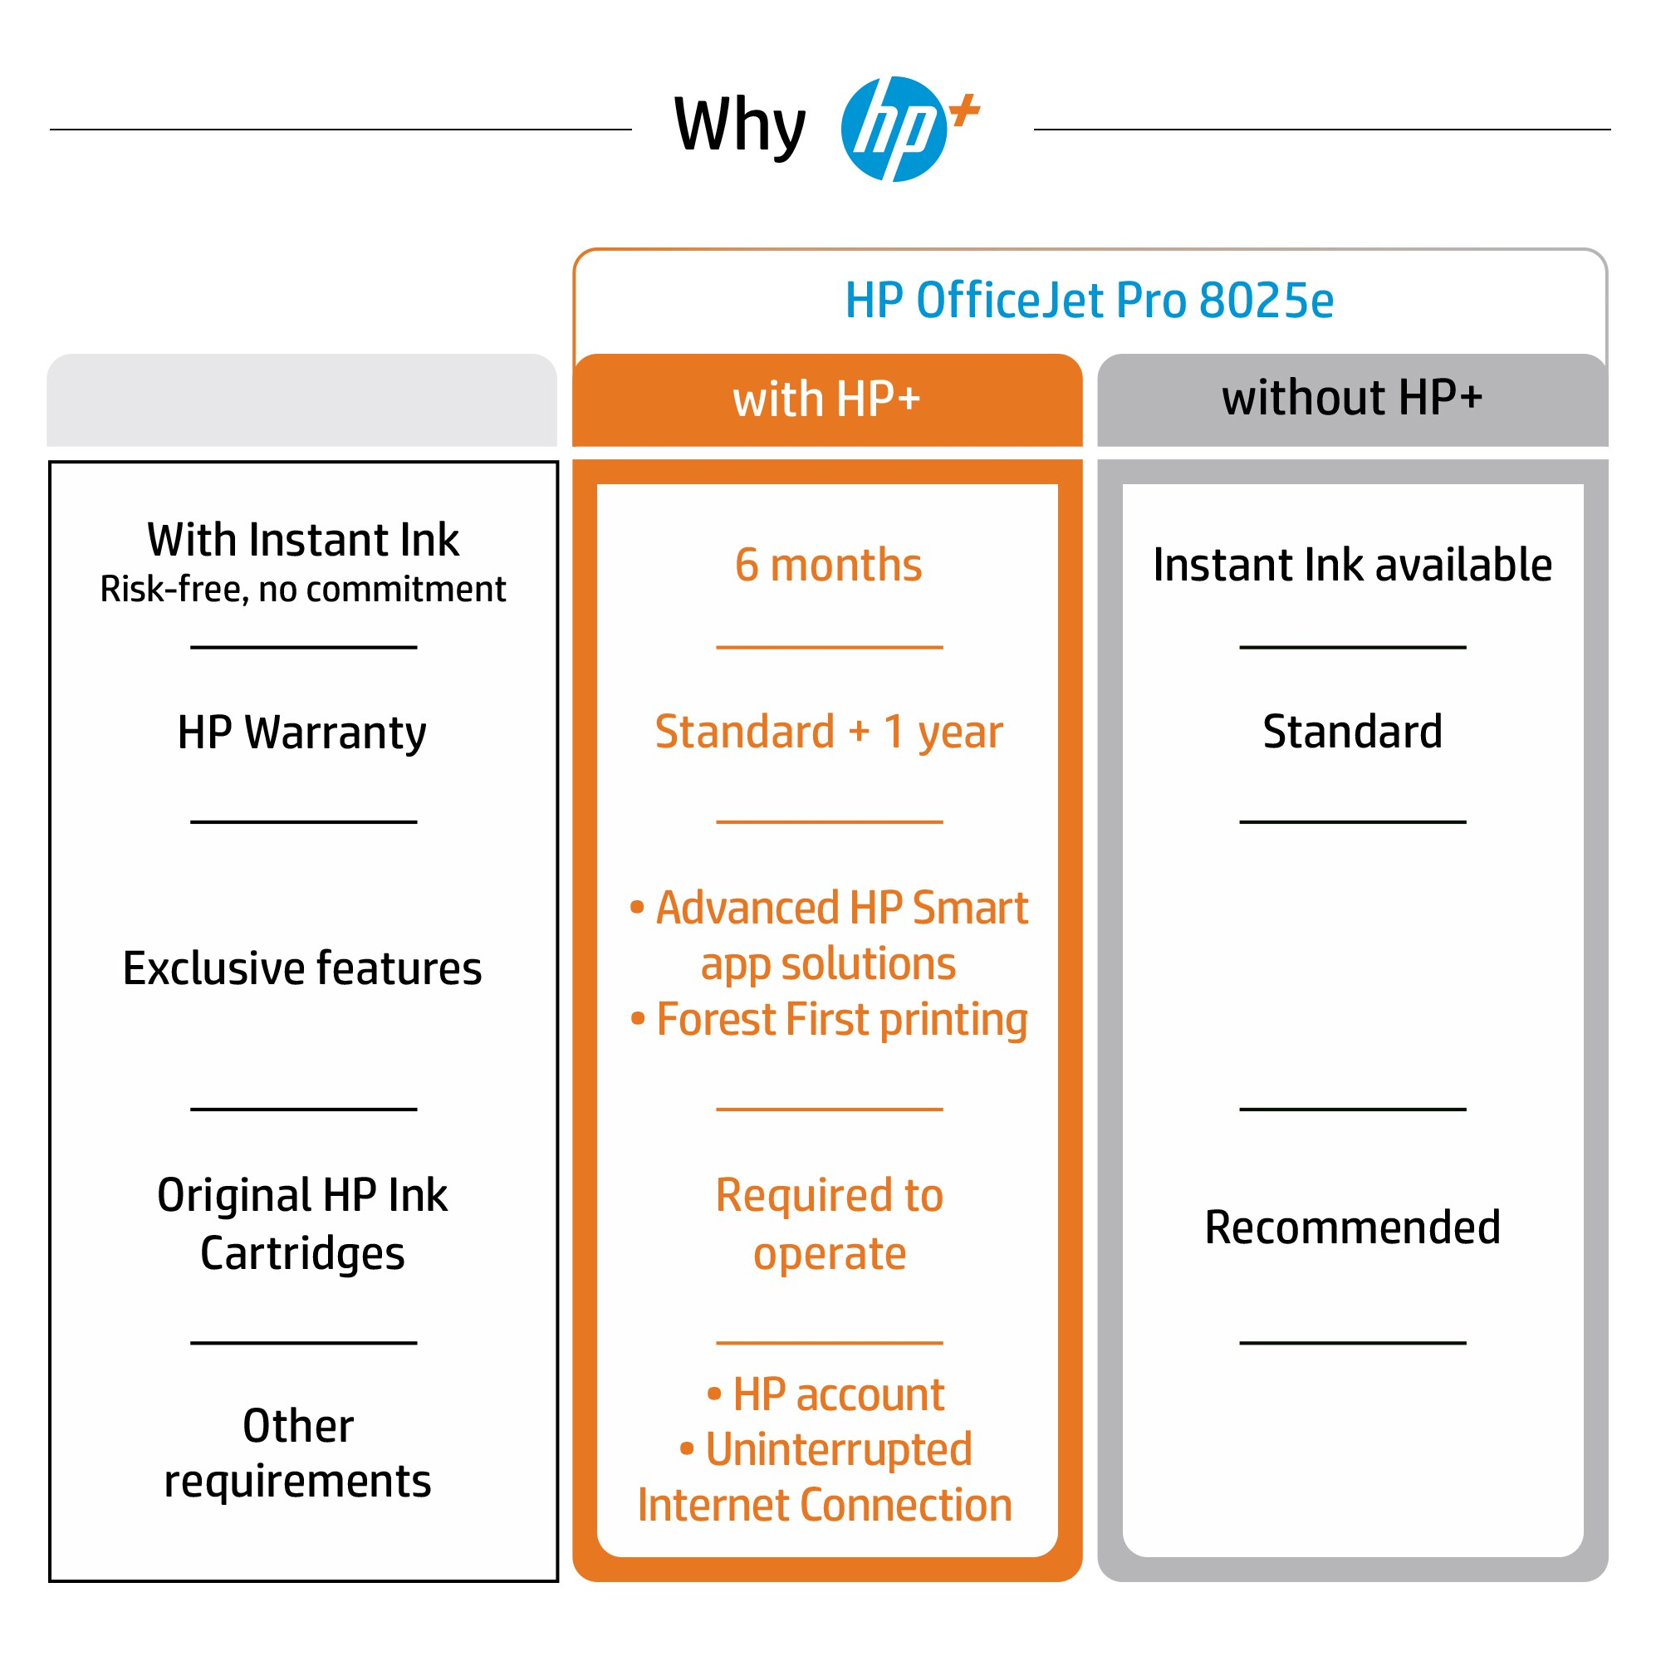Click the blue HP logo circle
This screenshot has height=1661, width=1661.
click(x=893, y=129)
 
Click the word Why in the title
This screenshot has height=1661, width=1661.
click(x=739, y=126)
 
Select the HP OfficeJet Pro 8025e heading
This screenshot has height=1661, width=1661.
click(x=1089, y=300)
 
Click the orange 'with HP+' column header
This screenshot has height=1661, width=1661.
click(x=826, y=399)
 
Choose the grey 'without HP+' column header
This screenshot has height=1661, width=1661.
click(x=1351, y=398)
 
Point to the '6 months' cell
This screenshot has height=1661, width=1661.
click(x=828, y=565)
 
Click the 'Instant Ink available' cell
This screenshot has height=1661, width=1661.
click(x=1351, y=565)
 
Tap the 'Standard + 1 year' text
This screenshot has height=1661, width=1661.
click(x=828, y=732)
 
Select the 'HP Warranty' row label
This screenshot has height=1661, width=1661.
click(x=301, y=733)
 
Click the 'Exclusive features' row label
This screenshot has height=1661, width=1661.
click(x=301, y=968)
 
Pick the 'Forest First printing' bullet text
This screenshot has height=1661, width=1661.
click(x=840, y=1020)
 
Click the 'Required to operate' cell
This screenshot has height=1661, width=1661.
click(x=829, y=1223)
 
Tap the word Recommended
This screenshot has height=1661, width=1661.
click(x=1351, y=1227)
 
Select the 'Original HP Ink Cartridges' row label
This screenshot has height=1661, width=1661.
click(x=301, y=1223)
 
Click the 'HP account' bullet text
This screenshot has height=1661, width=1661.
click(x=837, y=1394)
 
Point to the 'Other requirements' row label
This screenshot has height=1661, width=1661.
click(x=297, y=1453)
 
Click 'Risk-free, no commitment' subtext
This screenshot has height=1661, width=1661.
click(x=302, y=590)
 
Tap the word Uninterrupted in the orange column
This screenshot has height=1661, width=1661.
click(x=838, y=1449)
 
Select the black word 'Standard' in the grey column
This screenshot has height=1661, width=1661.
click(x=1351, y=732)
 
